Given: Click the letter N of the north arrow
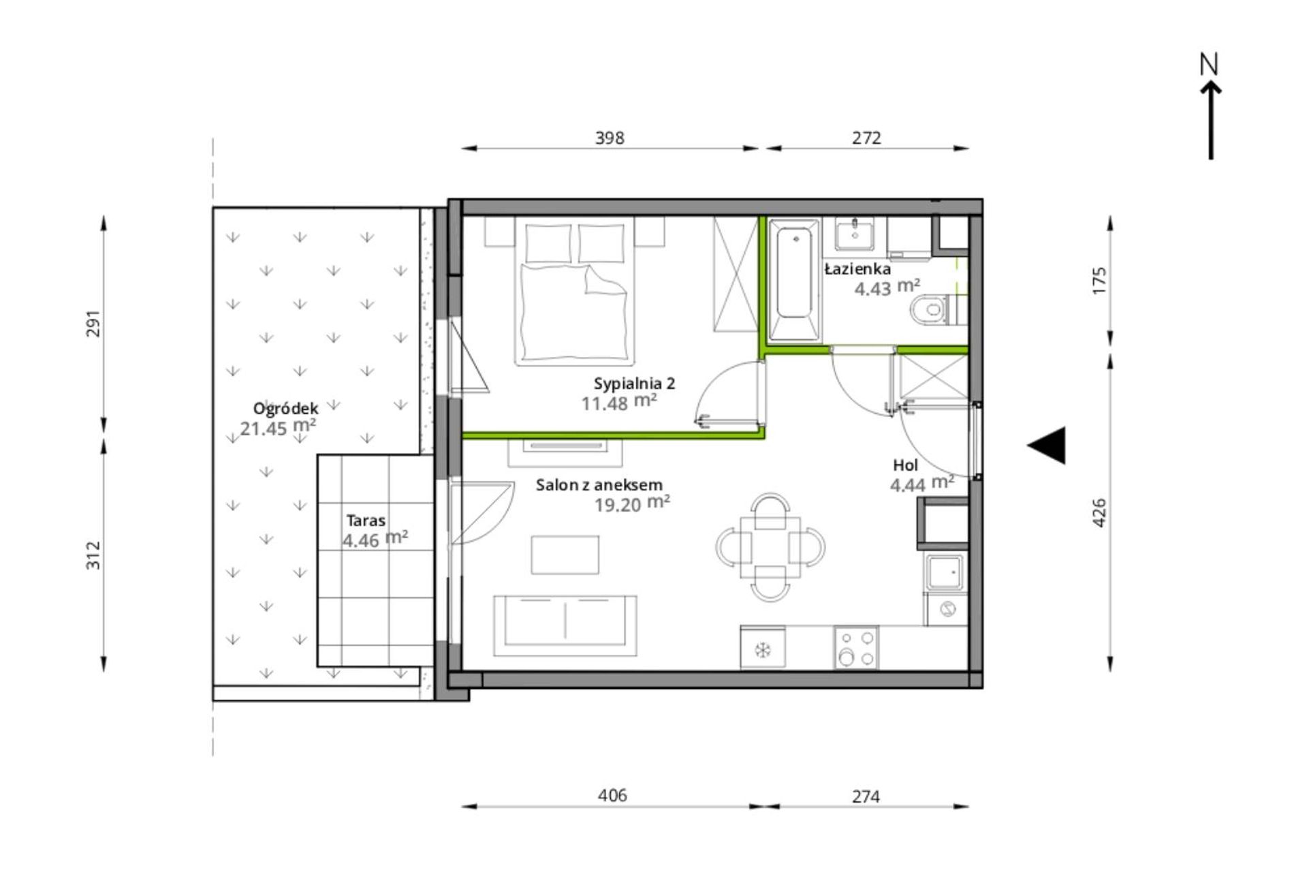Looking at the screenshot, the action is coord(1209,65).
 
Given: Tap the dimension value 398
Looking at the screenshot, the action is coord(610,138).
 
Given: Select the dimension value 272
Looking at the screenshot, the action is coord(866,138).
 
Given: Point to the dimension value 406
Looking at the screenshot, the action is coord(612,796).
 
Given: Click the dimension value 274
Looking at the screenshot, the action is coord(866,796).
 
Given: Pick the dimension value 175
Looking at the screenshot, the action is coord(1099,281).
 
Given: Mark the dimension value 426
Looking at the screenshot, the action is coord(1099,513).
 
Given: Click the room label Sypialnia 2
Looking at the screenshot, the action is coord(634,384).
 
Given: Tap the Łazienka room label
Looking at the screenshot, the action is coord(857,269).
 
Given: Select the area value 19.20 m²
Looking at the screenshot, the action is coord(632,504).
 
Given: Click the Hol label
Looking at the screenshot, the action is coord(906,465).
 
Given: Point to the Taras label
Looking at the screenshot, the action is coord(366,521).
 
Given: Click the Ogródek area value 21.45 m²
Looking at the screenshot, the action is coord(278,427).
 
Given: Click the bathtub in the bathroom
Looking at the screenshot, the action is coord(794,279).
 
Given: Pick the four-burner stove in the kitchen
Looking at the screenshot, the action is coord(856,648).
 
